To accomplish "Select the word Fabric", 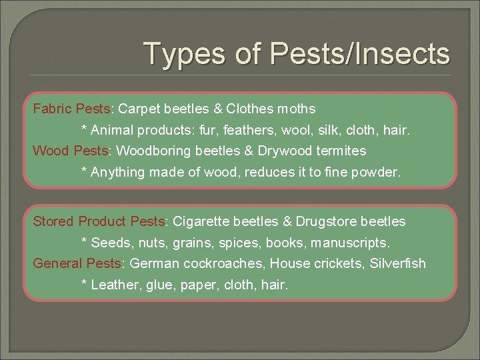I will coord(53,108).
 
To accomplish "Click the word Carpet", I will coord(139,108).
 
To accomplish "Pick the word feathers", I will coord(235,129).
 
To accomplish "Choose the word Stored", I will coord(53,221).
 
